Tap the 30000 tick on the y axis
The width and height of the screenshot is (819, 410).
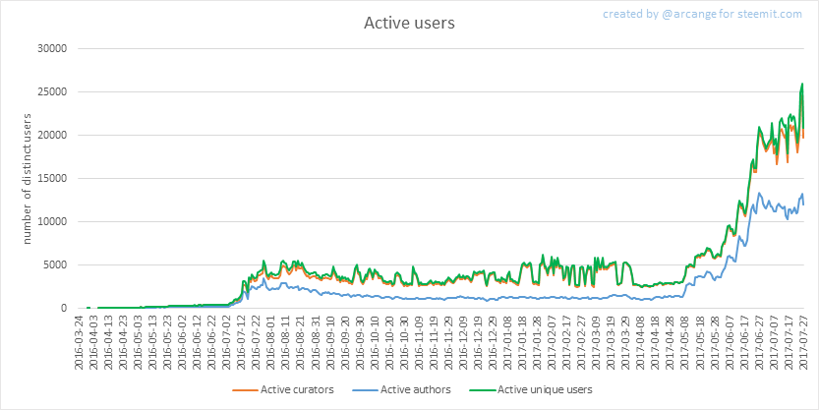coord(50,48)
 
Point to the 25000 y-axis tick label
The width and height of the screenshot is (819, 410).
coord(50,91)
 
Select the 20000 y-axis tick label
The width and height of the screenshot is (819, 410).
coord(50,135)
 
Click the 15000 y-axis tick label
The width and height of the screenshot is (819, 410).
coord(50,178)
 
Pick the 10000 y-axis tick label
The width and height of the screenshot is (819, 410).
coord(50,221)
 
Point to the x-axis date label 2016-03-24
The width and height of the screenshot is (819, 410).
coord(80,339)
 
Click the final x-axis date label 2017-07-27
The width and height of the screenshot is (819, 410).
coord(804,339)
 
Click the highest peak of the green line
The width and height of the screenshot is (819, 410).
coord(802,84)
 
